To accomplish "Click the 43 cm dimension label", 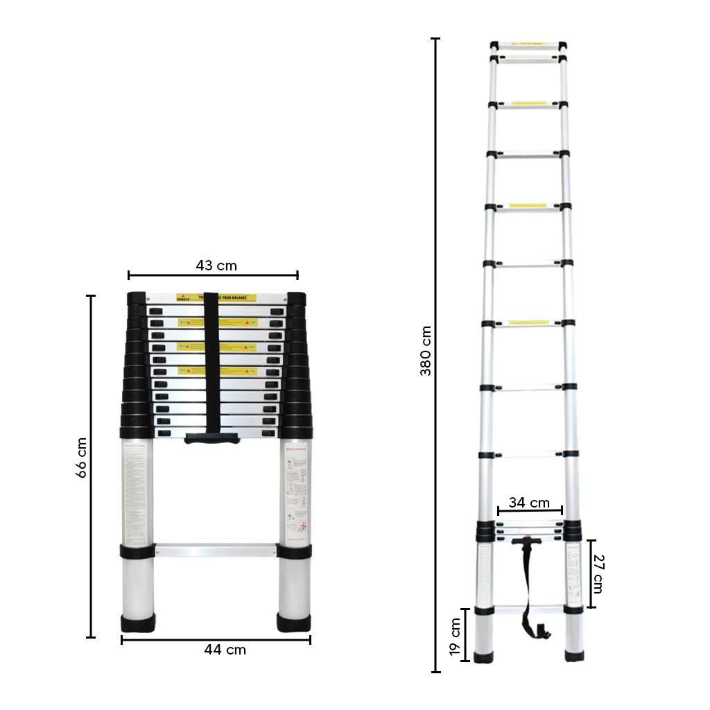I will tap(216, 266).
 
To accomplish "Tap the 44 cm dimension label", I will tap(225, 650).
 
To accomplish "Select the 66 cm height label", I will tap(81, 458).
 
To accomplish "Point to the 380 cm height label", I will tap(425, 351).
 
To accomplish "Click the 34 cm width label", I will tap(529, 503).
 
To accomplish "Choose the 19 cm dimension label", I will tap(456, 637).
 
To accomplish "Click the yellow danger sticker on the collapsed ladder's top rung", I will tap(216, 297).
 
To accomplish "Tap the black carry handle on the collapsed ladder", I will tap(212, 438).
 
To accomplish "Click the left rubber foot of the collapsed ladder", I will tap(138, 623).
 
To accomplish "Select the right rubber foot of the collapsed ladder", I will tap(294, 623).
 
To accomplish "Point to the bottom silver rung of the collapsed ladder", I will tap(216, 551).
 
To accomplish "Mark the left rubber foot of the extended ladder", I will tap(483, 656).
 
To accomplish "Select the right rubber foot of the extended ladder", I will tap(574, 656).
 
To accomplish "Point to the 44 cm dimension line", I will tap(216, 639).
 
